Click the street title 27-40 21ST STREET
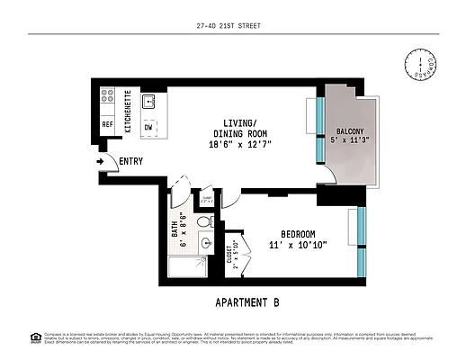pyautogui.click(x=232, y=26)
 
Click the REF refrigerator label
pyautogui.click(x=106, y=125)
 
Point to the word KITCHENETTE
pyautogui.click(x=129, y=112)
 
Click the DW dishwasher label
pyautogui.click(x=148, y=127)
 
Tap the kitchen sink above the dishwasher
pyautogui.click(x=149, y=101)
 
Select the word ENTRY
pyautogui.click(x=130, y=162)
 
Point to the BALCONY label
pyautogui.click(x=342, y=130)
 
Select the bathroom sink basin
pyautogui.click(x=206, y=243)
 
